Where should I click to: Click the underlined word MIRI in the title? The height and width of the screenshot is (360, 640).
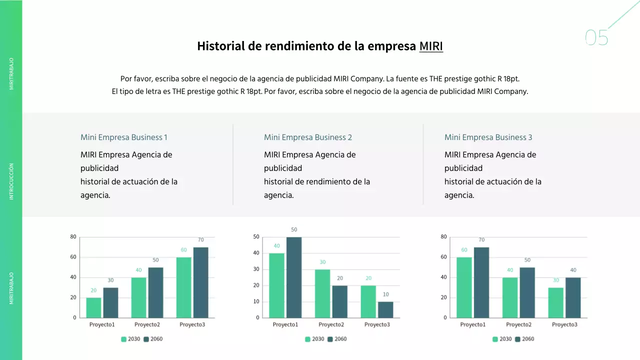click(x=431, y=46)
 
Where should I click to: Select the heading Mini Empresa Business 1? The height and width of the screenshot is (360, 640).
click(x=124, y=137)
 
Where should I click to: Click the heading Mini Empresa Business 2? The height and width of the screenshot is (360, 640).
click(x=308, y=137)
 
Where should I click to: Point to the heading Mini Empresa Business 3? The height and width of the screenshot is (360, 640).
click(x=488, y=137)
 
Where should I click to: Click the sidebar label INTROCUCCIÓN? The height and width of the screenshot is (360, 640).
click(x=11, y=181)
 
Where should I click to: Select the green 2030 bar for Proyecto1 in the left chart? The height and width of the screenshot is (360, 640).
click(x=93, y=307)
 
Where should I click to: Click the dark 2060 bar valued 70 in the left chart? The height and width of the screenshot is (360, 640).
click(x=200, y=282)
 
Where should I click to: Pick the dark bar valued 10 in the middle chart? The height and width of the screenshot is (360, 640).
click(x=385, y=309)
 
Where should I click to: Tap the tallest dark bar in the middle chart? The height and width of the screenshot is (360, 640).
click(x=294, y=277)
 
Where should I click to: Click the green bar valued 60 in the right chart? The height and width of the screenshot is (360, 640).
click(x=464, y=287)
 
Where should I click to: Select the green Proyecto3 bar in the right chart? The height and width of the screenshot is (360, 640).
click(x=556, y=302)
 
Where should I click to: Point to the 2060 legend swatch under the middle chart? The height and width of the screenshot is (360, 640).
click(x=330, y=339)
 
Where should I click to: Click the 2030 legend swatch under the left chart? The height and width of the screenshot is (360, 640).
click(x=124, y=339)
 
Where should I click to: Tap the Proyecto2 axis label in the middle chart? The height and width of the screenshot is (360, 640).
click(x=331, y=324)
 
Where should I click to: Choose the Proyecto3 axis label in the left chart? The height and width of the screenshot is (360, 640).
click(x=192, y=324)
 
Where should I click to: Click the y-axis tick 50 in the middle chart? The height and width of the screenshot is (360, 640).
click(x=256, y=237)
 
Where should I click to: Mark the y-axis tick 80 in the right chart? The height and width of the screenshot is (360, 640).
click(x=444, y=237)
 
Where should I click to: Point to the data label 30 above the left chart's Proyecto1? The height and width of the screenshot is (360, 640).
click(x=110, y=280)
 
